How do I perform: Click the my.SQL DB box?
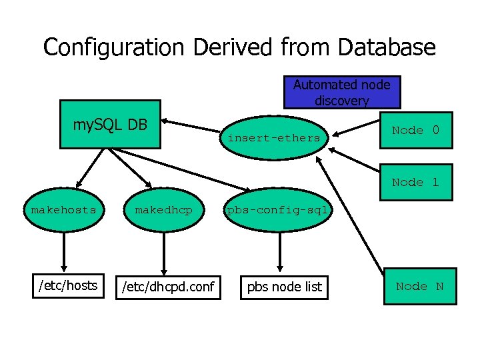click(x=110, y=124)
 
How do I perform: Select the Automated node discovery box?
click(x=342, y=92)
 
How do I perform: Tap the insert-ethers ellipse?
click(x=274, y=139)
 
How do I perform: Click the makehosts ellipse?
click(x=64, y=211)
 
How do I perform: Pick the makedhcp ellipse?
click(x=163, y=211)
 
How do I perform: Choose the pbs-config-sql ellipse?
click(x=277, y=211)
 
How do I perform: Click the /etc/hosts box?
click(x=67, y=286)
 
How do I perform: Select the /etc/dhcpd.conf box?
click(x=167, y=287)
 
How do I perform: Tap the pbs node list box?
click(x=285, y=287)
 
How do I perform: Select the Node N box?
click(x=420, y=287)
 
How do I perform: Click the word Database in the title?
click(x=387, y=47)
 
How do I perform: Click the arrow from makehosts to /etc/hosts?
click(x=64, y=252)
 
